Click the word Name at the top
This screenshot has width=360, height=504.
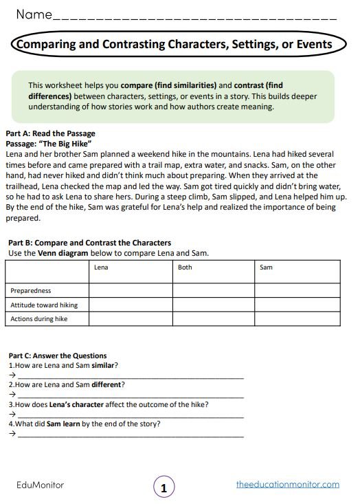tap(34, 14)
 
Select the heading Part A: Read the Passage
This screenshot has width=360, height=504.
tap(50, 133)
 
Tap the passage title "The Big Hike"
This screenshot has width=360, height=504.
tap(69, 144)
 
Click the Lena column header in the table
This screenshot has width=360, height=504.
tap(101, 267)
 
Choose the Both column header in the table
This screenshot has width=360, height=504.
tap(185, 267)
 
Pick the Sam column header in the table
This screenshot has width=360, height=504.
tap(267, 267)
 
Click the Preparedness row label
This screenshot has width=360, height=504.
tap(31, 291)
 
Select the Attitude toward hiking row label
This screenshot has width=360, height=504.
tap(44, 305)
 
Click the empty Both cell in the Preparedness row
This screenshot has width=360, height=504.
tap(213, 291)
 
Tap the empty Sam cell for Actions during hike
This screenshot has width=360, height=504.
tap(296, 318)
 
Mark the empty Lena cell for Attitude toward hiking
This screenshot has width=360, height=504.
tap(131, 305)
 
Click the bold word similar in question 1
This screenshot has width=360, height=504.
tap(104, 365)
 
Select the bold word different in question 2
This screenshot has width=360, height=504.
tap(107, 384)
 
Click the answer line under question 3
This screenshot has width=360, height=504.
tap(131, 416)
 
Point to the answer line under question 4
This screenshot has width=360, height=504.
tap(131, 435)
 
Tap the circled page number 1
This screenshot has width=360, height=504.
tap(164, 489)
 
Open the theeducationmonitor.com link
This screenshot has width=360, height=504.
tap(287, 484)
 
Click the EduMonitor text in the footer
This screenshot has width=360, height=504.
tap(40, 485)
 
